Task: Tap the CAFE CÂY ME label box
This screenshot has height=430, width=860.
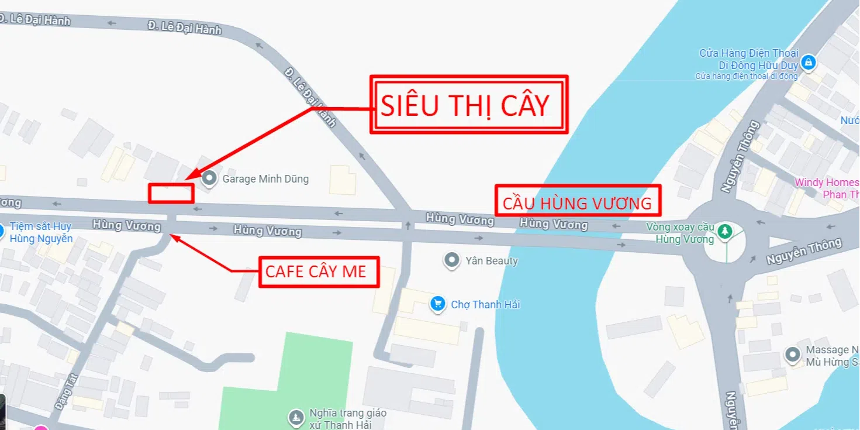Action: click(319, 271)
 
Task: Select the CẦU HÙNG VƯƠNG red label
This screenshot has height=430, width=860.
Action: click(578, 202)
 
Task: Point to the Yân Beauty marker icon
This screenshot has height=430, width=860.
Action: click(451, 260)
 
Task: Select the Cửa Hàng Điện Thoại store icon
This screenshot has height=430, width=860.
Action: click(808, 61)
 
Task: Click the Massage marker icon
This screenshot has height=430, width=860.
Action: click(793, 355)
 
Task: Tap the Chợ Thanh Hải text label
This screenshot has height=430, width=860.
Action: click(485, 305)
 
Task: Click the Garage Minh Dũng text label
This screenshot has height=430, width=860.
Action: click(265, 179)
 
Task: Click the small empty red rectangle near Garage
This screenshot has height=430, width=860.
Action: click(170, 193)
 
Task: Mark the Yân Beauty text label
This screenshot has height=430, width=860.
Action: click(492, 261)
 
